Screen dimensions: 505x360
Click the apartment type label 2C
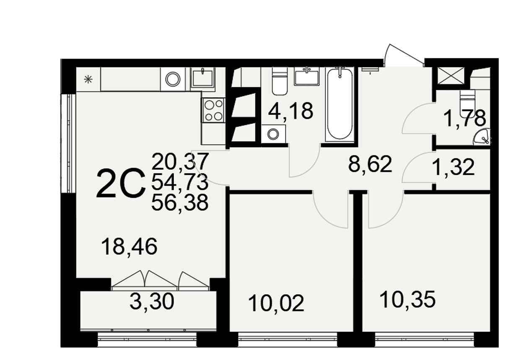coord(121,184)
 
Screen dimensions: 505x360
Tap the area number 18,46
coord(129,247)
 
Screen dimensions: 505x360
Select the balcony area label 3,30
coord(152,301)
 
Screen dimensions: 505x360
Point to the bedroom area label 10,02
coord(276,303)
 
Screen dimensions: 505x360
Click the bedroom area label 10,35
coord(407,299)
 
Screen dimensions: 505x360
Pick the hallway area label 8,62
coord(370,165)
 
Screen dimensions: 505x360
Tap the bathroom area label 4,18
coord(290,111)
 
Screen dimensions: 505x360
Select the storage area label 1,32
coord(453,168)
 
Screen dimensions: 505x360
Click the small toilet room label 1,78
coord(464,119)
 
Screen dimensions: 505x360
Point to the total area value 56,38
coord(180,203)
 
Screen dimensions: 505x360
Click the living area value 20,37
coord(180,161)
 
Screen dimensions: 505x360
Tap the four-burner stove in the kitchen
coord(213,110)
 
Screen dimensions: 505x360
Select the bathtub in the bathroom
coord(340,105)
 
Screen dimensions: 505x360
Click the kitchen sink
coord(203,78)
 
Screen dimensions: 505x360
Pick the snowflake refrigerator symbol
coord(88,79)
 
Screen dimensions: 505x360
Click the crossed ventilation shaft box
coord(451,76)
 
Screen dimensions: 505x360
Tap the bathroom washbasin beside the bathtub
coord(306,76)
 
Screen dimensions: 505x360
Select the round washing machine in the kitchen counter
coord(173,79)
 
